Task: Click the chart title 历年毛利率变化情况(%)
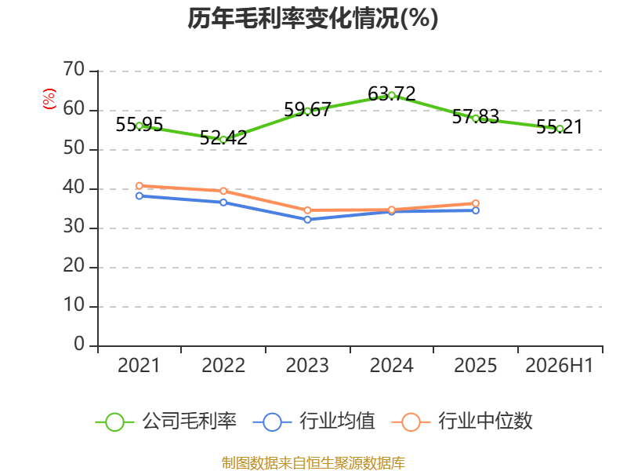(313, 18)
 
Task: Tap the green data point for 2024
(391, 95)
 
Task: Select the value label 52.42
(223, 137)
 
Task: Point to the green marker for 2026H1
(560, 129)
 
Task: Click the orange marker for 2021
(140, 186)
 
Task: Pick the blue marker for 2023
(307, 220)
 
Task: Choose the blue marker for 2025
(476, 210)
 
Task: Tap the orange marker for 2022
(223, 191)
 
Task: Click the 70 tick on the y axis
(74, 69)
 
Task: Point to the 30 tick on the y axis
(74, 227)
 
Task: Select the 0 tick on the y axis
(79, 344)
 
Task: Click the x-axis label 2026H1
(560, 365)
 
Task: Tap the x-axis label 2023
(307, 365)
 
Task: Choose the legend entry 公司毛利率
(166, 422)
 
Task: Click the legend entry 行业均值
(314, 422)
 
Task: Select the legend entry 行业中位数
(462, 422)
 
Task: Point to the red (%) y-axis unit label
(49, 99)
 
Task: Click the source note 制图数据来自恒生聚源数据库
(313, 463)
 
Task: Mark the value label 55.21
(560, 126)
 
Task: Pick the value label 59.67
(307, 109)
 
